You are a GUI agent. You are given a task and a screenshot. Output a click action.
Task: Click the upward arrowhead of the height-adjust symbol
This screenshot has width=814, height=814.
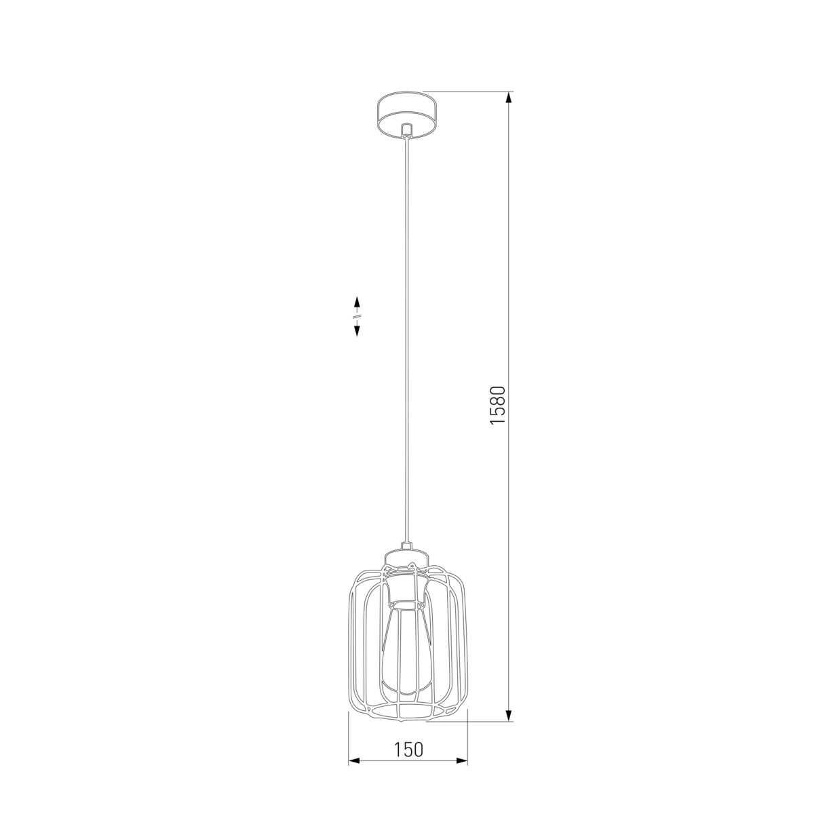[357, 302]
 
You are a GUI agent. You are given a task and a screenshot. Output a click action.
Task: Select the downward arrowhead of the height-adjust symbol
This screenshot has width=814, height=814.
[357, 330]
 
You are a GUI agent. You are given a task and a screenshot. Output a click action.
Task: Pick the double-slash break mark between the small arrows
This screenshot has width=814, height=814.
[357, 316]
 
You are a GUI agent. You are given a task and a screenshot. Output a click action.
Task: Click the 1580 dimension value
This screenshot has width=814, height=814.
[498, 406]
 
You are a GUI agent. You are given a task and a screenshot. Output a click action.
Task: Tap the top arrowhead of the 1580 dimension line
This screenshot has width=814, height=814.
[509, 98]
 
